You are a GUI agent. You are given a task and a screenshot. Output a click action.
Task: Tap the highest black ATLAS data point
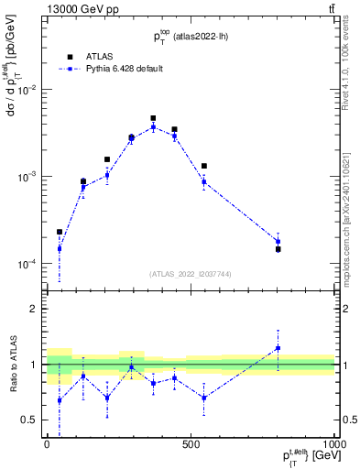point(153,118)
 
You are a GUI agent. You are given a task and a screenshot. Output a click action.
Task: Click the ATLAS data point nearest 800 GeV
point(278,249)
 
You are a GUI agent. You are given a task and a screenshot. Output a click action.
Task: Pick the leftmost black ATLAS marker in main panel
point(60,232)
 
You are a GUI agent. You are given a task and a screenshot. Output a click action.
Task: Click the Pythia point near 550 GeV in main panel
point(203,181)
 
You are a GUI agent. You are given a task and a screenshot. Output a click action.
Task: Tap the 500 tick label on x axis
point(191,443)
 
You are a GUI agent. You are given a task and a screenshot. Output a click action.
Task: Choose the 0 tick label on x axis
point(47,443)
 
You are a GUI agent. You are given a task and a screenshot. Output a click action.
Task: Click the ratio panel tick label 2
point(35,309)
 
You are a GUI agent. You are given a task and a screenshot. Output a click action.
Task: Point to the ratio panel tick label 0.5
point(31,420)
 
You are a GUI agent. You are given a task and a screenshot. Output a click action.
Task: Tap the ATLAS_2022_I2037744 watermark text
point(191,274)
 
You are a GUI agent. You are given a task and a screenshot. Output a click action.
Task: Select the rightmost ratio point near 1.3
point(278,348)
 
